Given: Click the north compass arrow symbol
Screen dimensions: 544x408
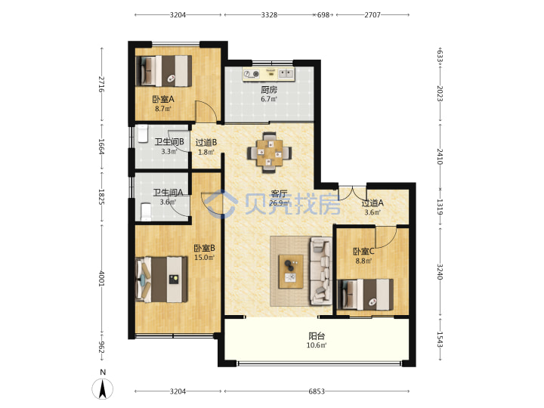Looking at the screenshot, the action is (x=102, y=389).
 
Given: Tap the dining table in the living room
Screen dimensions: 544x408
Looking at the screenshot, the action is (x=269, y=153).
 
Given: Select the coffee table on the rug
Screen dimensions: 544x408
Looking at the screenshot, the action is (x=291, y=271).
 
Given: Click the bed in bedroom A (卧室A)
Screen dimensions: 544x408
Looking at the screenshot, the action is (x=164, y=71).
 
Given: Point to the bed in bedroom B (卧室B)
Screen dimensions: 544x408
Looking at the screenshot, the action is (x=162, y=279).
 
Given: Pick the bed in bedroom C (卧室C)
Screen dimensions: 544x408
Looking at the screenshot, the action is (x=366, y=294).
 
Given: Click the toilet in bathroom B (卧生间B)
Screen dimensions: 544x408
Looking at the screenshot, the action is (x=143, y=134).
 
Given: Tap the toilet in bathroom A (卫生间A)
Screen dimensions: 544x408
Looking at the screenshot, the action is (x=146, y=212).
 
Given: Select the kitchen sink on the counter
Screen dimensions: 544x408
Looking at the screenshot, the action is (x=286, y=73).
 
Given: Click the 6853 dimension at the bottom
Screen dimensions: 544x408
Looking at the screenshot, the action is (x=317, y=391).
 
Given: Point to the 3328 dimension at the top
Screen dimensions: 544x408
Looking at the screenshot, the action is (x=269, y=15).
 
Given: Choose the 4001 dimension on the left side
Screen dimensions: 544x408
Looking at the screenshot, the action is (x=101, y=279).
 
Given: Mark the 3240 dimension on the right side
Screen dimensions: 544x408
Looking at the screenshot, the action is (x=440, y=272).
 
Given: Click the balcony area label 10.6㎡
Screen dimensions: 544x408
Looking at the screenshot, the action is (x=317, y=345).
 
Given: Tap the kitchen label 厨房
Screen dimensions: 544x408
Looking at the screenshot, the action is (x=269, y=90).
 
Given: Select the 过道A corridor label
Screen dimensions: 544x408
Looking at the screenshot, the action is (x=372, y=203).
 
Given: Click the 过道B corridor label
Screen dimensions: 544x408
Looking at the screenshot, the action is (x=206, y=142).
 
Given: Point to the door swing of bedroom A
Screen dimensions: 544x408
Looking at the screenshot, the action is (x=206, y=111).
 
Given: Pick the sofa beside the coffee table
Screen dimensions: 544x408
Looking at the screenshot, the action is (x=321, y=270).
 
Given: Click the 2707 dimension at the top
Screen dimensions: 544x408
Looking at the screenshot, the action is (x=372, y=15).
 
